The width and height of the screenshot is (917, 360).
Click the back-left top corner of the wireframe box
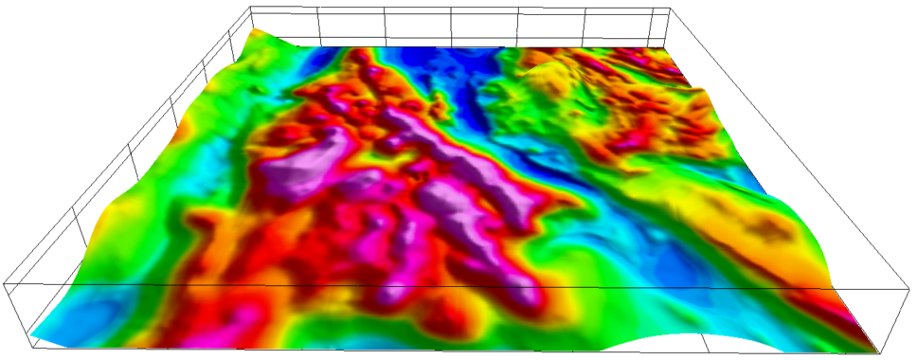(x=250, y=7)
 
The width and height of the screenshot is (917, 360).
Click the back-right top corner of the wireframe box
(x=670, y=8)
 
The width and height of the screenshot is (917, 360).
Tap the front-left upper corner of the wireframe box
(x=4, y=282)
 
